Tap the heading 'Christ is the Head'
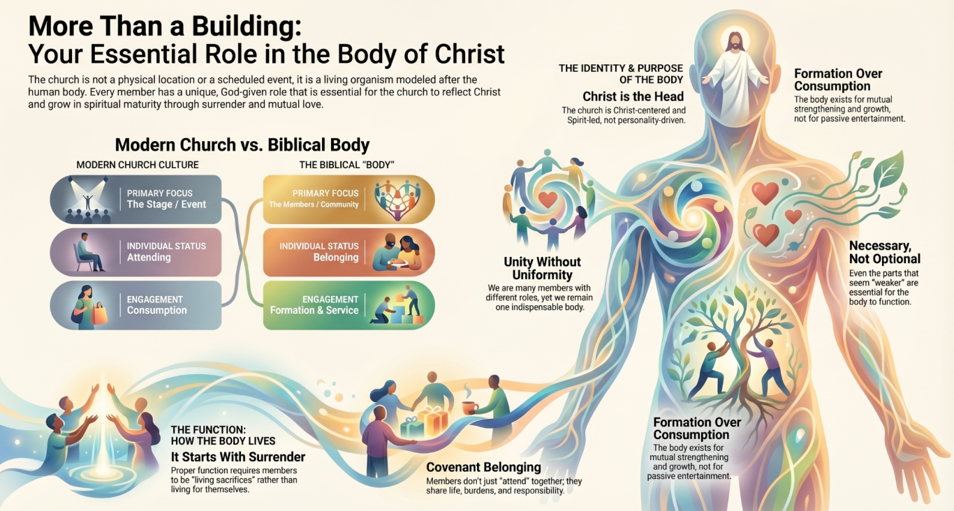[633, 96]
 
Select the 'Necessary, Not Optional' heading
[885, 252]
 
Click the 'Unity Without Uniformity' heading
[542, 268]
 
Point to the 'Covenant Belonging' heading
[483, 467]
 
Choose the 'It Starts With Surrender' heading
[238, 457]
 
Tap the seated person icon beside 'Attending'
[89, 252]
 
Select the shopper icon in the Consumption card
[89, 307]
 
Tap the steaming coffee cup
[470, 402]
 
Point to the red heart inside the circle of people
[548, 199]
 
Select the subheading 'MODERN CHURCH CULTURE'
[137, 165]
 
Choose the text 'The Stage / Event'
[166, 205]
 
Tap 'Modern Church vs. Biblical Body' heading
[242, 145]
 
